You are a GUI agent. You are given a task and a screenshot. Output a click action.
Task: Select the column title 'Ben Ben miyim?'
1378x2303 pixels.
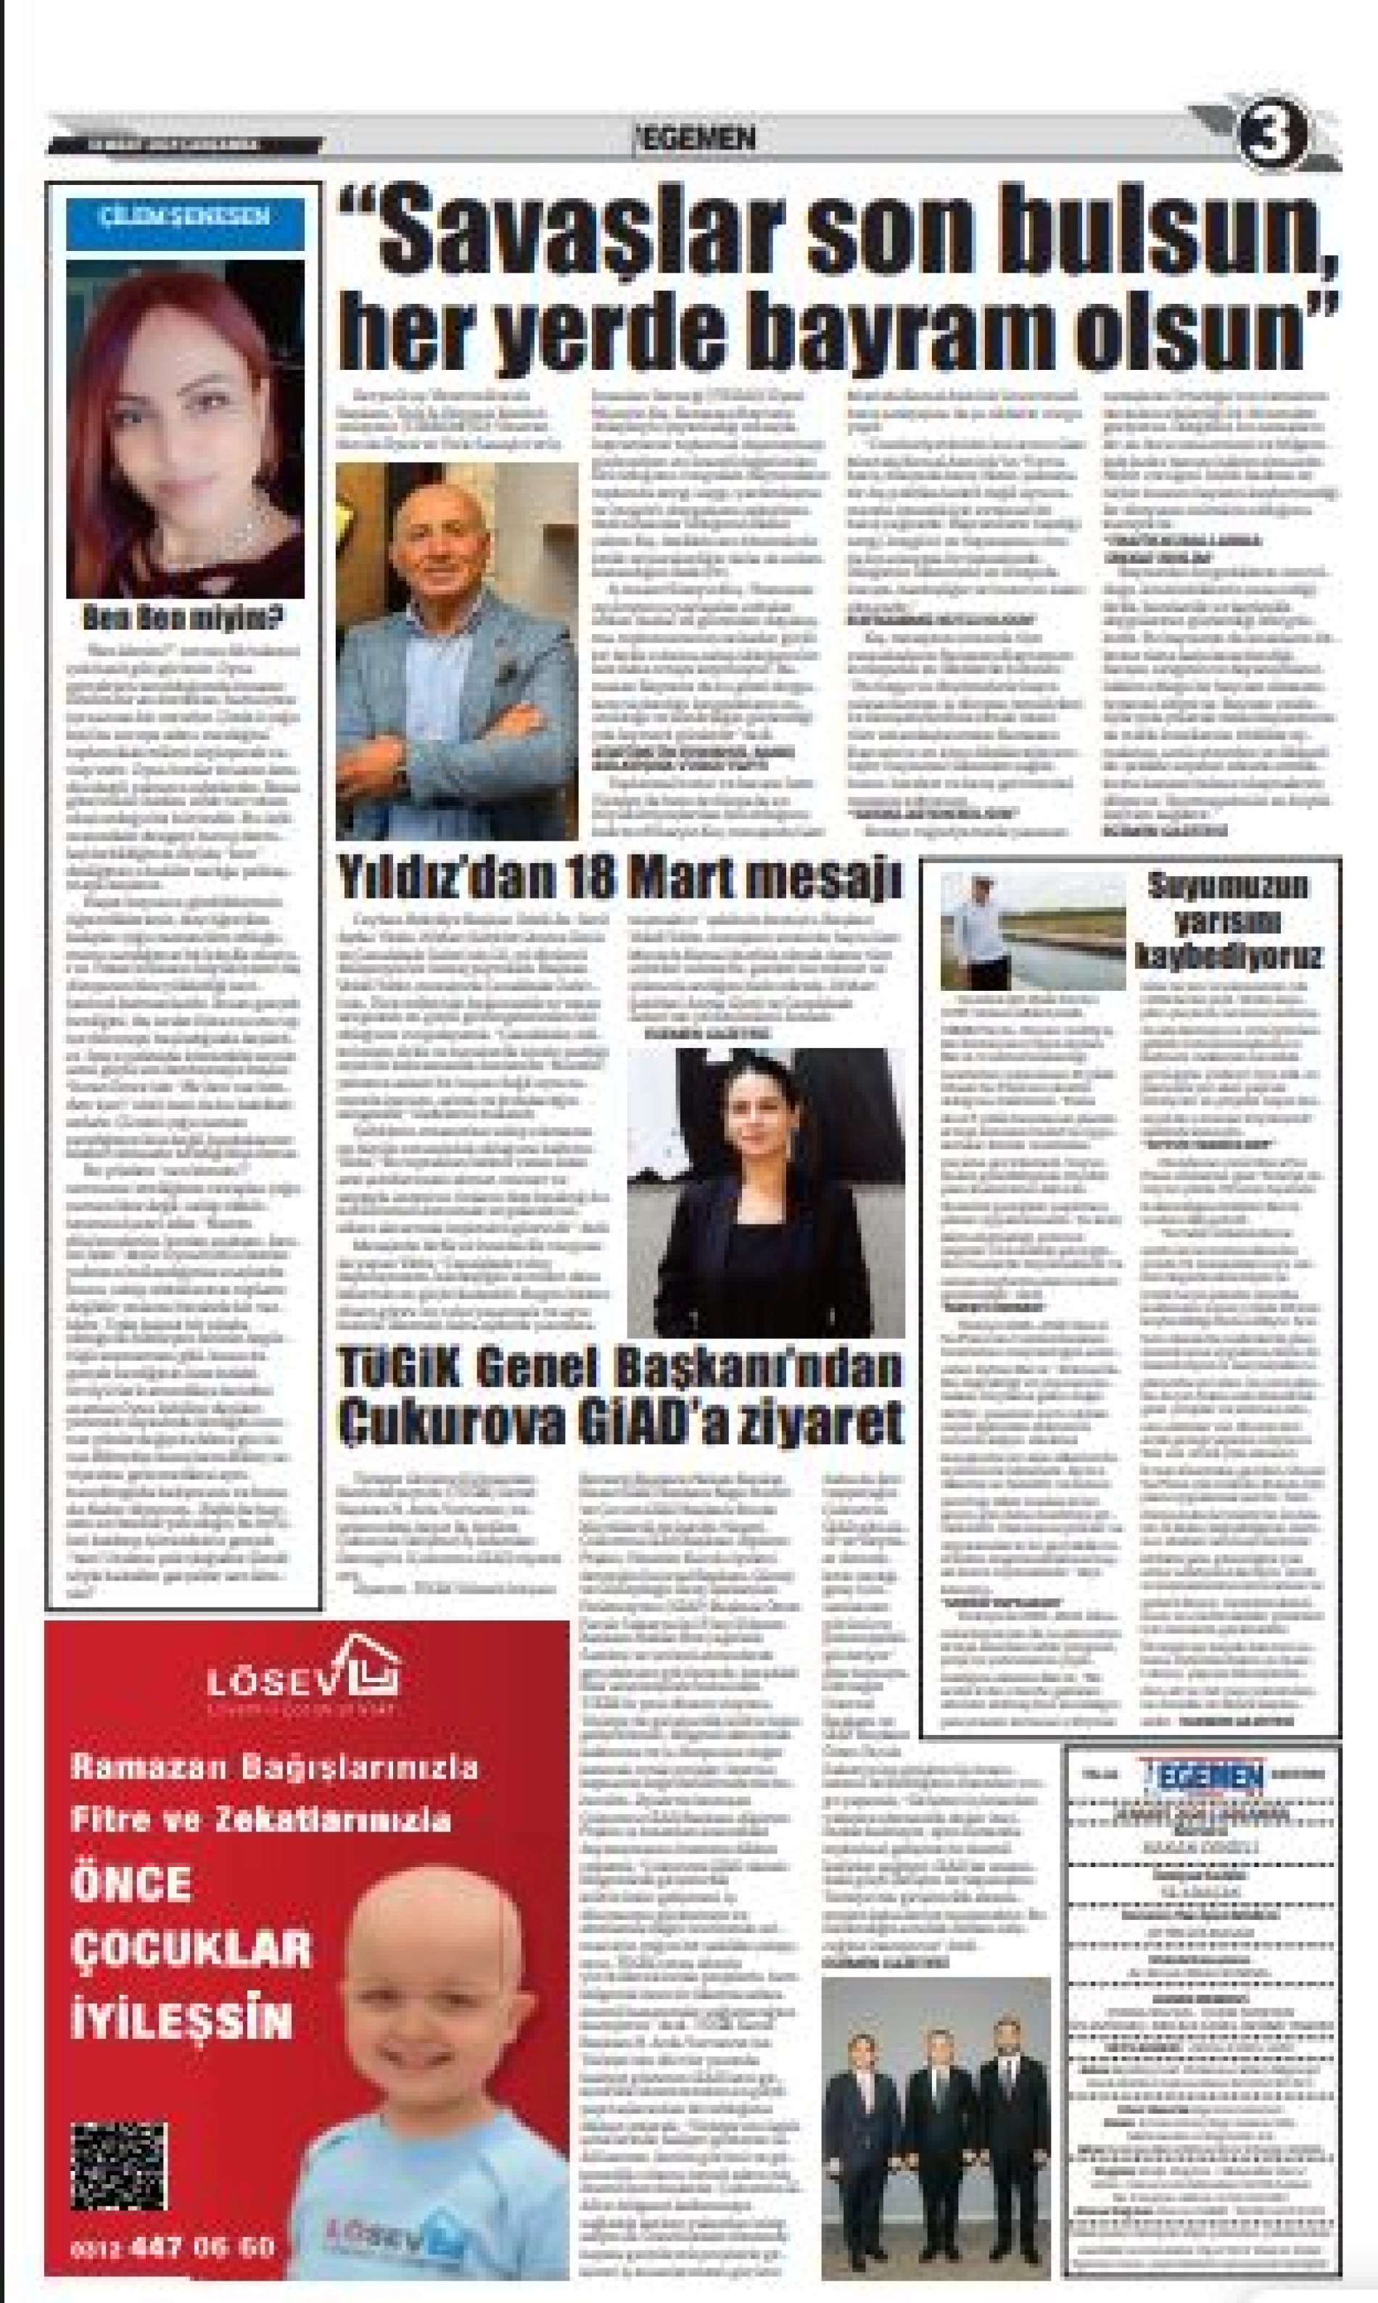(x=185, y=617)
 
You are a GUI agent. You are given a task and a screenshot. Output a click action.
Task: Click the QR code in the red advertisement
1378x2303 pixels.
(x=120, y=2166)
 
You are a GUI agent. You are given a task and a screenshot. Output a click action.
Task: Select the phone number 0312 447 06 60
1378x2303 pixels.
(x=173, y=2247)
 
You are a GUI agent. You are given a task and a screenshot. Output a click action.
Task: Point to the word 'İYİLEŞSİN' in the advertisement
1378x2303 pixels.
(x=182, y=2021)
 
